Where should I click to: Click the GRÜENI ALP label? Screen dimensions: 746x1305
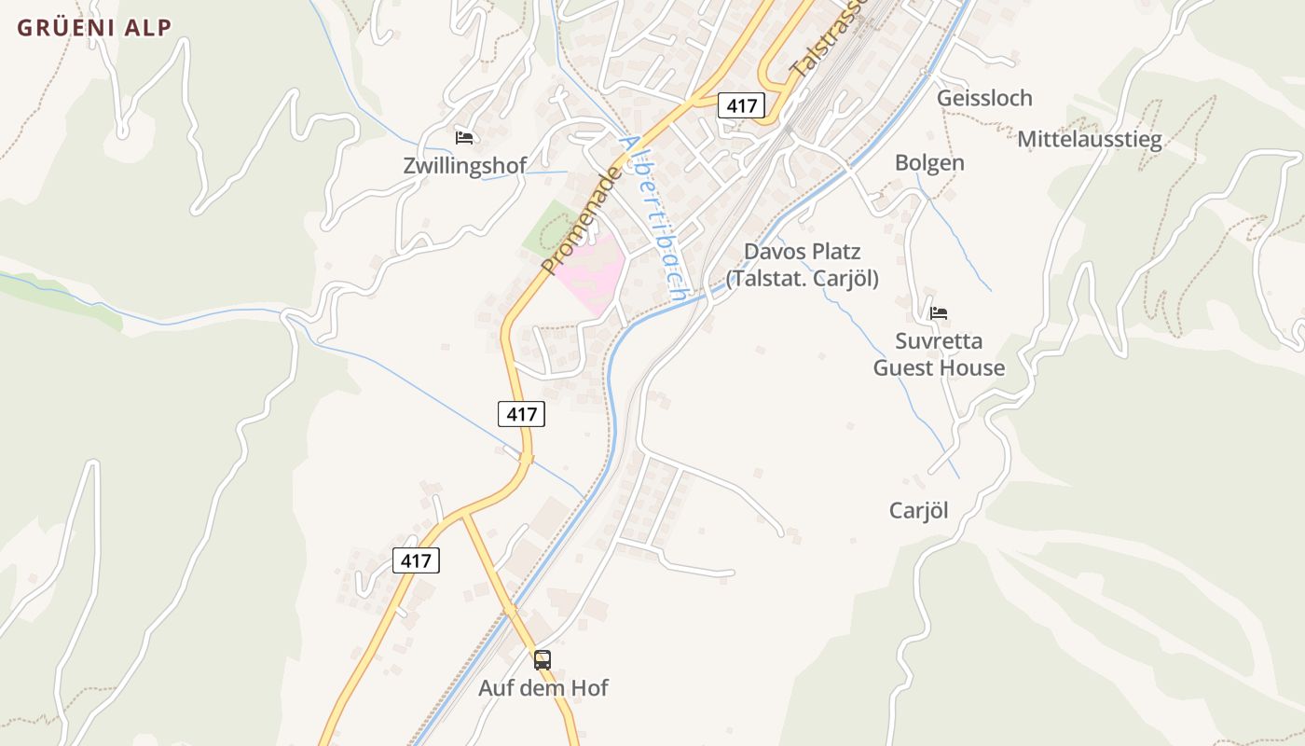click(94, 28)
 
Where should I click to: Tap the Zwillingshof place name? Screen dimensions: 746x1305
click(464, 166)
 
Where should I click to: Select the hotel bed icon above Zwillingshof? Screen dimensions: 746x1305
click(464, 138)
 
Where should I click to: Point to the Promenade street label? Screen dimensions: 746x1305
click(580, 221)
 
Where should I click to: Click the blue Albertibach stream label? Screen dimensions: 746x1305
click(654, 216)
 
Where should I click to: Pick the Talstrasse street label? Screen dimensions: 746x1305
click(828, 37)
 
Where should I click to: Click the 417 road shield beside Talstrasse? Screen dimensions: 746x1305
click(741, 105)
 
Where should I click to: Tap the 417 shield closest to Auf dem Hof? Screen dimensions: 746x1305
click(416, 560)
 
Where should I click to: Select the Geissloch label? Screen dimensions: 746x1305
click(984, 98)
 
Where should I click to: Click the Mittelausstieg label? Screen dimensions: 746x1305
click(1090, 140)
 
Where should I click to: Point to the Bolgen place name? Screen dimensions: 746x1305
click(929, 163)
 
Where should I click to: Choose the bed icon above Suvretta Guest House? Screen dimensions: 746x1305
click(939, 313)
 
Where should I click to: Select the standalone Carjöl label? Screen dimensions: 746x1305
click(918, 510)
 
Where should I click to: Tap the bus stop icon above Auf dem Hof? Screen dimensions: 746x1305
click(543, 660)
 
